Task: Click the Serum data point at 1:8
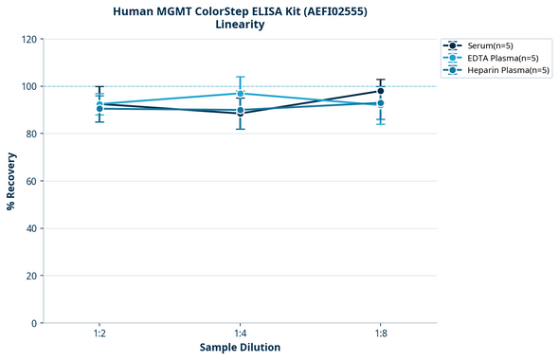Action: [x=381, y=91]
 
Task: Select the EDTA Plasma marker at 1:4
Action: [x=241, y=94]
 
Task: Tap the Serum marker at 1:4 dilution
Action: [x=241, y=114]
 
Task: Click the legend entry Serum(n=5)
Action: [x=489, y=45]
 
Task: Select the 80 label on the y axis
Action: [x=30, y=134]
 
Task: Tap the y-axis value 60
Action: [x=30, y=181]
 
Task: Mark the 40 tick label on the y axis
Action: [x=30, y=228]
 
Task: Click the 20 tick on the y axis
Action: [x=30, y=276]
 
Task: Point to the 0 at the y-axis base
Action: [x=33, y=323]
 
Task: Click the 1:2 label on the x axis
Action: [x=99, y=334]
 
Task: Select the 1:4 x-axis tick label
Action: [x=241, y=334]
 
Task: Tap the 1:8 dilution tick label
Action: [x=381, y=334]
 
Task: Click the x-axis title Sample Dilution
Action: [x=240, y=348]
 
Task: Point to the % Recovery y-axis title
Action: [x=11, y=180]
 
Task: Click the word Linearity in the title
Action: [x=240, y=25]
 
